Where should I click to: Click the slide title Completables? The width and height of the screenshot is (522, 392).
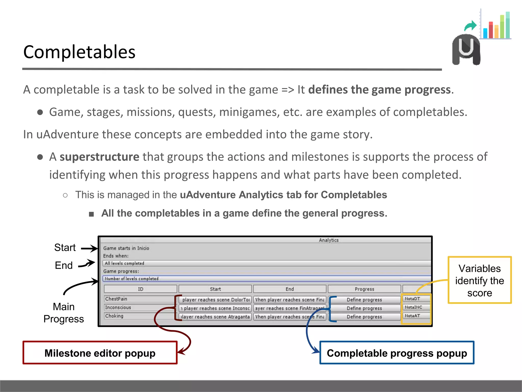point(79,52)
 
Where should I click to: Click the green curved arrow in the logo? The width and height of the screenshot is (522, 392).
point(470,26)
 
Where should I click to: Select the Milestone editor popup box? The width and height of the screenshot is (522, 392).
point(100,353)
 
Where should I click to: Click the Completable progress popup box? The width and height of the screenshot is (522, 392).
point(397,353)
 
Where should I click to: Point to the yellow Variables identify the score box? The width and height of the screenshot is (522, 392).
point(479,280)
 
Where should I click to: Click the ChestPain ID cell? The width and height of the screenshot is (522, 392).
point(139,299)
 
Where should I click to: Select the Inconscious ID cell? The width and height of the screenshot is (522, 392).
point(139,308)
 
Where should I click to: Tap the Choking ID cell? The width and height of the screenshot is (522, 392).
point(139,316)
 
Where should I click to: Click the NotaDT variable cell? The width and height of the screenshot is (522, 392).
point(415,299)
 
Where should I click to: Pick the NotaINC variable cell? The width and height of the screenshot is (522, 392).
point(415,307)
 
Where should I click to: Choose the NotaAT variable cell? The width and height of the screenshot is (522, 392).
point(415,316)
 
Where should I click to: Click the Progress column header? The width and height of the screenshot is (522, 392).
point(364,289)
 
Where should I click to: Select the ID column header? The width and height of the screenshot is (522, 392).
point(140,289)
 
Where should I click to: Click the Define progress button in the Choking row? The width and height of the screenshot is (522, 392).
point(364,317)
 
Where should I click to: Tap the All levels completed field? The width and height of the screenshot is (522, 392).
point(266,263)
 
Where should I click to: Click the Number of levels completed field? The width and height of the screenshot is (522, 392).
point(266,279)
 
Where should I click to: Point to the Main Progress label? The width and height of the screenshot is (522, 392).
point(64,313)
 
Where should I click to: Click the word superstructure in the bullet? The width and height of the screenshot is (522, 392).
point(99,157)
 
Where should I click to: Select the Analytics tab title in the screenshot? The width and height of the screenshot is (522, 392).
point(329,240)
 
